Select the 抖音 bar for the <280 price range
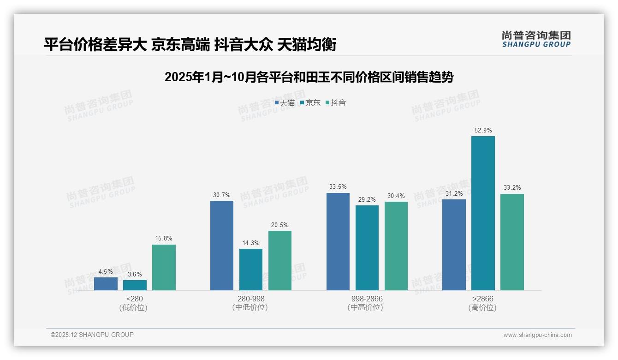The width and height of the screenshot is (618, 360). (x=164, y=267)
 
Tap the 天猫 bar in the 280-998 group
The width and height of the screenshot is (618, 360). (x=222, y=246)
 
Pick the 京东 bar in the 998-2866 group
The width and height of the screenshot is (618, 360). (x=367, y=248)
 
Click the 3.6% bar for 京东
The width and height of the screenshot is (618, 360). (x=135, y=285)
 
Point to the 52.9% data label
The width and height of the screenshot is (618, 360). (x=483, y=131)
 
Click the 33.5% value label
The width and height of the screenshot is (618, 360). (x=338, y=187)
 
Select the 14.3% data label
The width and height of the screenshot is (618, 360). (x=251, y=243)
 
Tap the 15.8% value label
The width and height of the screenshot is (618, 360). (x=164, y=239)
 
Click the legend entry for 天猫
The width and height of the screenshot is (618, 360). (x=285, y=103)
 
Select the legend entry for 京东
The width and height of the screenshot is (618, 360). (x=310, y=103)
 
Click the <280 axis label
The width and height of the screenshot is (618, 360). (x=134, y=299)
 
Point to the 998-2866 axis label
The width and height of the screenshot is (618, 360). (x=367, y=299)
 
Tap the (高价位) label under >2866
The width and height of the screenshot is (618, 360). (x=482, y=307)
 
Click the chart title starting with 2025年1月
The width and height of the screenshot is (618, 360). (x=309, y=77)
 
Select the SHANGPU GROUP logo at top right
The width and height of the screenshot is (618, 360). (x=536, y=39)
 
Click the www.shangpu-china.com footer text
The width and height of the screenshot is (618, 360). (x=537, y=335)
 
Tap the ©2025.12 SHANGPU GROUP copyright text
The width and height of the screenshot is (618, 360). (x=92, y=335)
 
